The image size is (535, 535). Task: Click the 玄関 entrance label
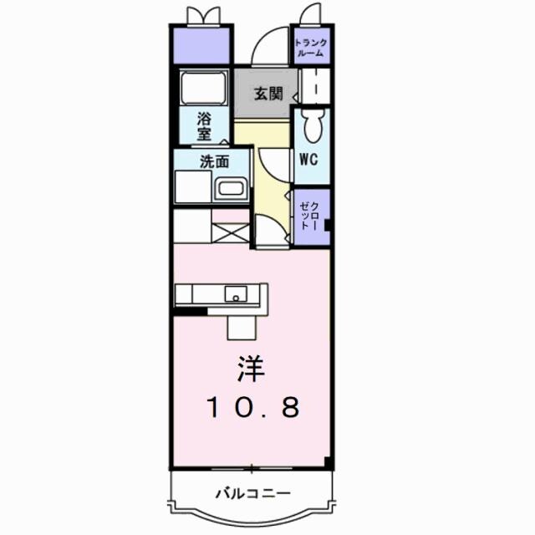click(261, 92)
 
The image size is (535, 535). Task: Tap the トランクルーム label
click(311, 47)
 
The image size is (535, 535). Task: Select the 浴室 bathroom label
click(203, 125)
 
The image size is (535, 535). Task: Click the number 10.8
click(252, 408)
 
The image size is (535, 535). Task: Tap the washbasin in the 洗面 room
click(232, 189)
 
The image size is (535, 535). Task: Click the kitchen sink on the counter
click(235, 293)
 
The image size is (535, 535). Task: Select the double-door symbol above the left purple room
click(203, 15)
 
